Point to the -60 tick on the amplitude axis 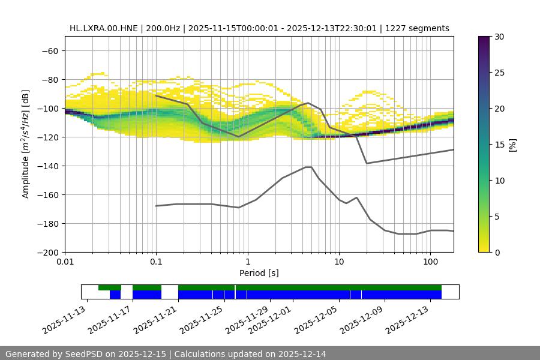(49, 51)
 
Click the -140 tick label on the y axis (47, 166)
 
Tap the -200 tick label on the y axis (47, 253)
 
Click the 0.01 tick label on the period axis (65, 262)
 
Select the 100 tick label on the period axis (430, 262)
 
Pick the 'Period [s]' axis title (259, 273)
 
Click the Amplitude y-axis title (26, 144)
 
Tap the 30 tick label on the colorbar (499, 37)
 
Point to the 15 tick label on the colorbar (499, 145)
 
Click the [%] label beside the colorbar (512, 145)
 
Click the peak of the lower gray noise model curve (308, 167)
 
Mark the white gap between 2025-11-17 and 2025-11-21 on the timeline (170, 292)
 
